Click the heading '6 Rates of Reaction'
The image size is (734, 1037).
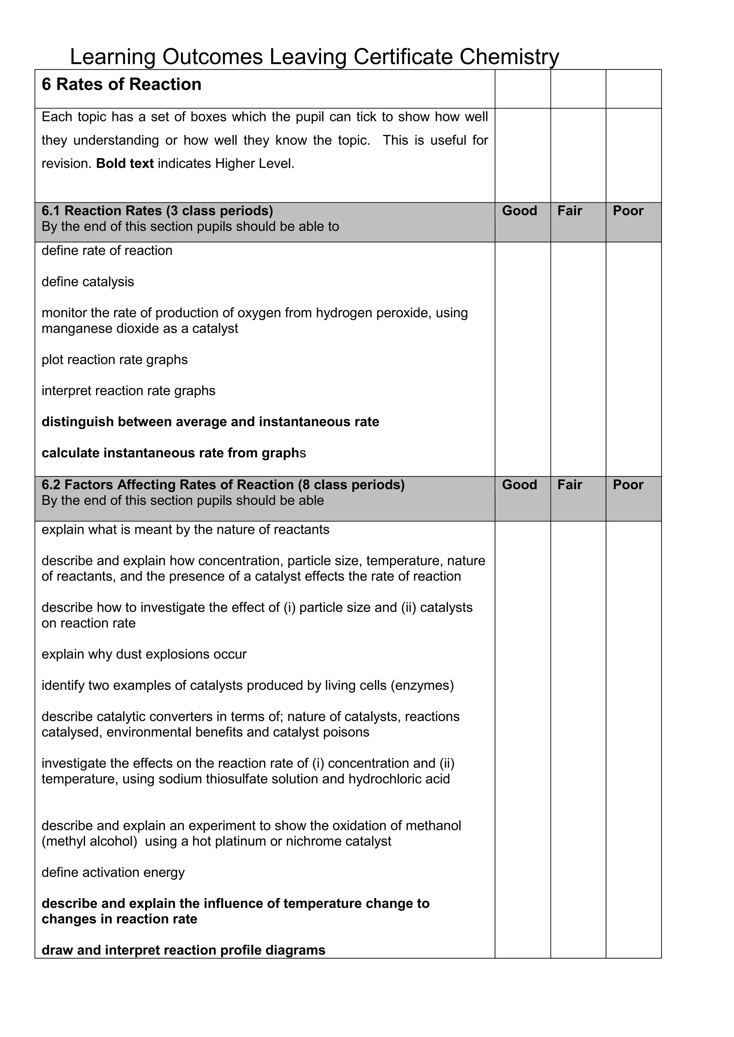coord(121,85)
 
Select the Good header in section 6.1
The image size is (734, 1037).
coord(519,211)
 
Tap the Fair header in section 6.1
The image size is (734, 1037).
coord(569,211)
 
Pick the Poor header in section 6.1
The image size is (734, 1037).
coord(628,211)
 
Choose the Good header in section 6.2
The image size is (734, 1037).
coord(519,484)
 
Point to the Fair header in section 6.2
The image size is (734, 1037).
coord(569,484)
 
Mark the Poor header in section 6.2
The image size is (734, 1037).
coord(628,484)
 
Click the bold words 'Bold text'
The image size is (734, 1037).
coord(125,164)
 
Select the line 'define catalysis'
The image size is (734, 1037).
coord(88,282)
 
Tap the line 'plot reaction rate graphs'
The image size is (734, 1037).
coord(114,360)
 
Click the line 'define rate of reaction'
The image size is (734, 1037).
coord(107,251)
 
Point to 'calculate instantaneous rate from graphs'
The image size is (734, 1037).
coord(173,453)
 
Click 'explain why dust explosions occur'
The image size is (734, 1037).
coord(144,655)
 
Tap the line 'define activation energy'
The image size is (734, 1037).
coord(113,873)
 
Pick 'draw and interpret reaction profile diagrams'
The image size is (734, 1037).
coord(183,950)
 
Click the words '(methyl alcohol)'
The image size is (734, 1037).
coord(89,841)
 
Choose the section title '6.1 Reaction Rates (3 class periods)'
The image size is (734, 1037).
coord(157,211)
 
